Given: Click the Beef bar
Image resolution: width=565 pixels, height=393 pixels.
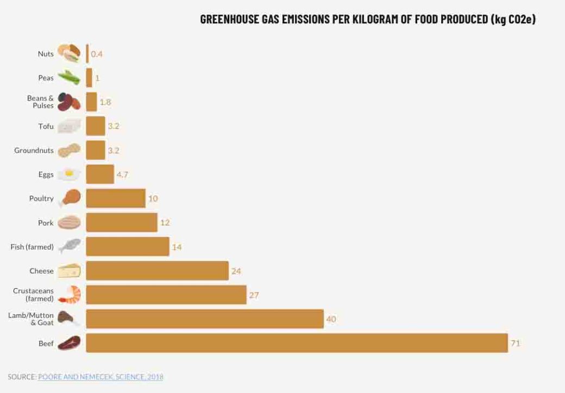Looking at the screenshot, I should tap(297, 343).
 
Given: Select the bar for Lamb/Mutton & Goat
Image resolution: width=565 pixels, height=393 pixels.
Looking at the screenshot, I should tap(205, 319).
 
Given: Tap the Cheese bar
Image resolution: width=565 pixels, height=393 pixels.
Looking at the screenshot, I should tap(157, 271).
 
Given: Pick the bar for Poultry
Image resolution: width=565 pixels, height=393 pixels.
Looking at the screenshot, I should tap(116, 198).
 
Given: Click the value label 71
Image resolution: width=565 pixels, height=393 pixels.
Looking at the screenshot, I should tap(515, 343).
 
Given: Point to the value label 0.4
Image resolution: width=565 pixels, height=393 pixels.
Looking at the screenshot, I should tap(97, 54).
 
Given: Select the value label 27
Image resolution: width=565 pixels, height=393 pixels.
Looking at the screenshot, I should tap(254, 295).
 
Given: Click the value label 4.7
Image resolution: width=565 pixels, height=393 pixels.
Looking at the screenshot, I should tap(122, 174).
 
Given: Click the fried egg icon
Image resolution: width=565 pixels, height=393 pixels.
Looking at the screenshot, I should tap(69, 174).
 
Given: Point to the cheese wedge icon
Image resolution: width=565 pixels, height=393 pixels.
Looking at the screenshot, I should tap(69, 271).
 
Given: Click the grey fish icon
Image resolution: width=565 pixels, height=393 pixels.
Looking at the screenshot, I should tap(70, 247).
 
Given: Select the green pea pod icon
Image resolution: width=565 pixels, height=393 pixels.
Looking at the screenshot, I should tap(69, 78).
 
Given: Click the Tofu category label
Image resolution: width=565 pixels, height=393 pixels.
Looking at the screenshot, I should tap(46, 126).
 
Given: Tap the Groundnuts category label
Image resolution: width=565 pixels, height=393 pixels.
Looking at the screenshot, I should tap(34, 150).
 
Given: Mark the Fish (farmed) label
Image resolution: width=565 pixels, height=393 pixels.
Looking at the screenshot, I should tap(32, 247).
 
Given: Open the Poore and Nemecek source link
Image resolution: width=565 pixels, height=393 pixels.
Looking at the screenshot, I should tap(101, 377).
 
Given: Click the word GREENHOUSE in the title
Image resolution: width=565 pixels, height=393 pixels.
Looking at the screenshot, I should tap(228, 20).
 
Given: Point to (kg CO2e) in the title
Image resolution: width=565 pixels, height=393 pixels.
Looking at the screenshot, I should tap(513, 20).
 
